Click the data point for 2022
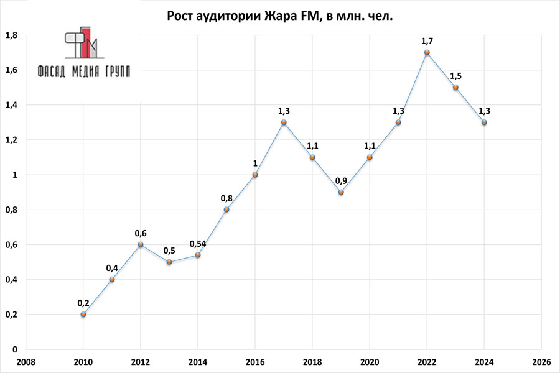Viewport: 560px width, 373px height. click(x=427, y=53)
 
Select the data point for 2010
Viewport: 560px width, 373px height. click(x=83, y=315)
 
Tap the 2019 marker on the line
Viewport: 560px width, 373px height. click(x=341, y=192)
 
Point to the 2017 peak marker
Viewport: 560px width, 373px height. click(x=284, y=122)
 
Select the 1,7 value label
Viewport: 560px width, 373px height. click(x=427, y=41)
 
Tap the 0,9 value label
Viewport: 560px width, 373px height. click(x=341, y=181)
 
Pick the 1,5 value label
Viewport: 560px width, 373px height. click(x=455, y=76)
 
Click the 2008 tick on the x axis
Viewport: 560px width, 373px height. click(x=26, y=361)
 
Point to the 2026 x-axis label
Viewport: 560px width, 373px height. click(x=541, y=361)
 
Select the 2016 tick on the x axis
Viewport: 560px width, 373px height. click(x=255, y=361)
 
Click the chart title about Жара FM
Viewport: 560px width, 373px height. click(x=280, y=16)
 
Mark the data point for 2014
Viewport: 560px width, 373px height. click(x=198, y=255)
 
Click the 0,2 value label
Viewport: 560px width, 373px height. click(x=83, y=303)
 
